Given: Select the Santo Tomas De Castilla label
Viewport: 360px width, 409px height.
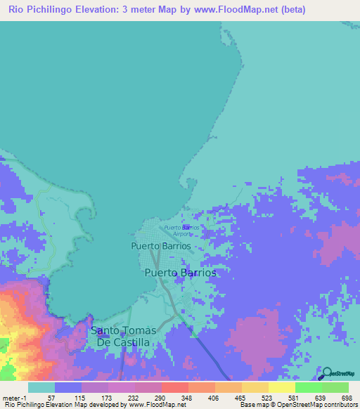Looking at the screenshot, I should (123, 336).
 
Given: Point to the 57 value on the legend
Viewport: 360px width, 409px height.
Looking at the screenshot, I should (51, 397).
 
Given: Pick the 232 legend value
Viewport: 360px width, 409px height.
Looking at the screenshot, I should (134, 397).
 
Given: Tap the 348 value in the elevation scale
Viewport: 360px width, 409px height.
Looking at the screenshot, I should (188, 397).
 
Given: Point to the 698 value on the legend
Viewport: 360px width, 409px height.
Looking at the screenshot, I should (345, 397).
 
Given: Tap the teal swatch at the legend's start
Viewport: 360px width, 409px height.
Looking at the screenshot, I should (41, 387).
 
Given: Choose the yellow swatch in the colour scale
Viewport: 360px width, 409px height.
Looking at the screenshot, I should (281, 387).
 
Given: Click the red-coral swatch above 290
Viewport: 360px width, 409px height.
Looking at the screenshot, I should (174, 387).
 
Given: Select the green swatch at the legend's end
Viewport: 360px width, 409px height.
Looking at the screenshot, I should (335, 387).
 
